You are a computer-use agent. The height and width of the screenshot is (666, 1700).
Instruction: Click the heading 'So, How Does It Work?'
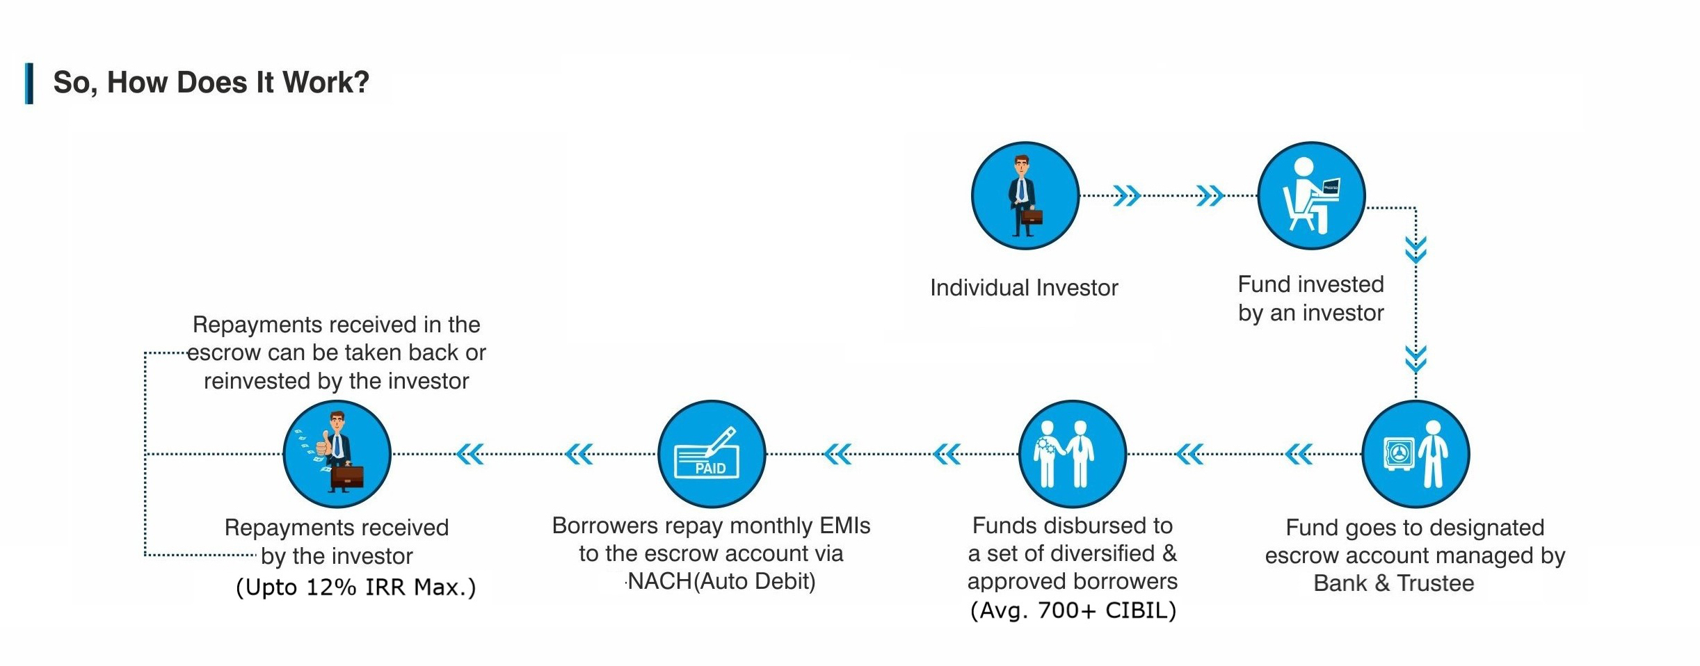[x=211, y=83]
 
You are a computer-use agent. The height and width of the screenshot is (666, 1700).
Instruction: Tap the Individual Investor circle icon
[x=1025, y=196]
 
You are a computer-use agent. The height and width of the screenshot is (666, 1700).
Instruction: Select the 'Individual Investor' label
[x=1024, y=288]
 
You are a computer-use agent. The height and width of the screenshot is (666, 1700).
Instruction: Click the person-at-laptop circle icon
[x=1311, y=196]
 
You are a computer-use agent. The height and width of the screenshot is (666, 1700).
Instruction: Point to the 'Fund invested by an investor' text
[x=1311, y=298]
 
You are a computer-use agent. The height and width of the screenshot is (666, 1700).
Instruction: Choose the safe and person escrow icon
[x=1416, y=454]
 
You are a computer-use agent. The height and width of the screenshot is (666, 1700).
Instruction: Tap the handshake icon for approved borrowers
[x=1072, y=454]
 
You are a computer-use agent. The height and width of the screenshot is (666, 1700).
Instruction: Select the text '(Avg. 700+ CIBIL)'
[x=1073, y=610]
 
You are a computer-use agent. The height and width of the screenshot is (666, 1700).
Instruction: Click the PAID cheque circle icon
[x=712, y=454]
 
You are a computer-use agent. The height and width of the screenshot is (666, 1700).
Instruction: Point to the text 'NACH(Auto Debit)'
[x=721, y=581]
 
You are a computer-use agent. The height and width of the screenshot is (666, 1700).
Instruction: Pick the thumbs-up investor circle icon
[x=337, y=454]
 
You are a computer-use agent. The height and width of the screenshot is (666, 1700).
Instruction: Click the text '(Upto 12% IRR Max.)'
[x=355, y=587]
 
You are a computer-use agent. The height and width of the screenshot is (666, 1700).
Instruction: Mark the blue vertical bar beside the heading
[x=29, y=83]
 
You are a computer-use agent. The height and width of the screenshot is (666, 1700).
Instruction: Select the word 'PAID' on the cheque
[x=710, y=469]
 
